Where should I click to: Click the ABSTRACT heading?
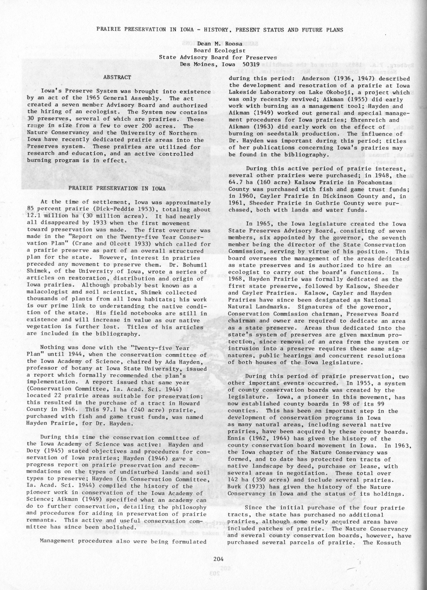coord(117,77)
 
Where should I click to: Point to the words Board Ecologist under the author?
coord(220,51)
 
